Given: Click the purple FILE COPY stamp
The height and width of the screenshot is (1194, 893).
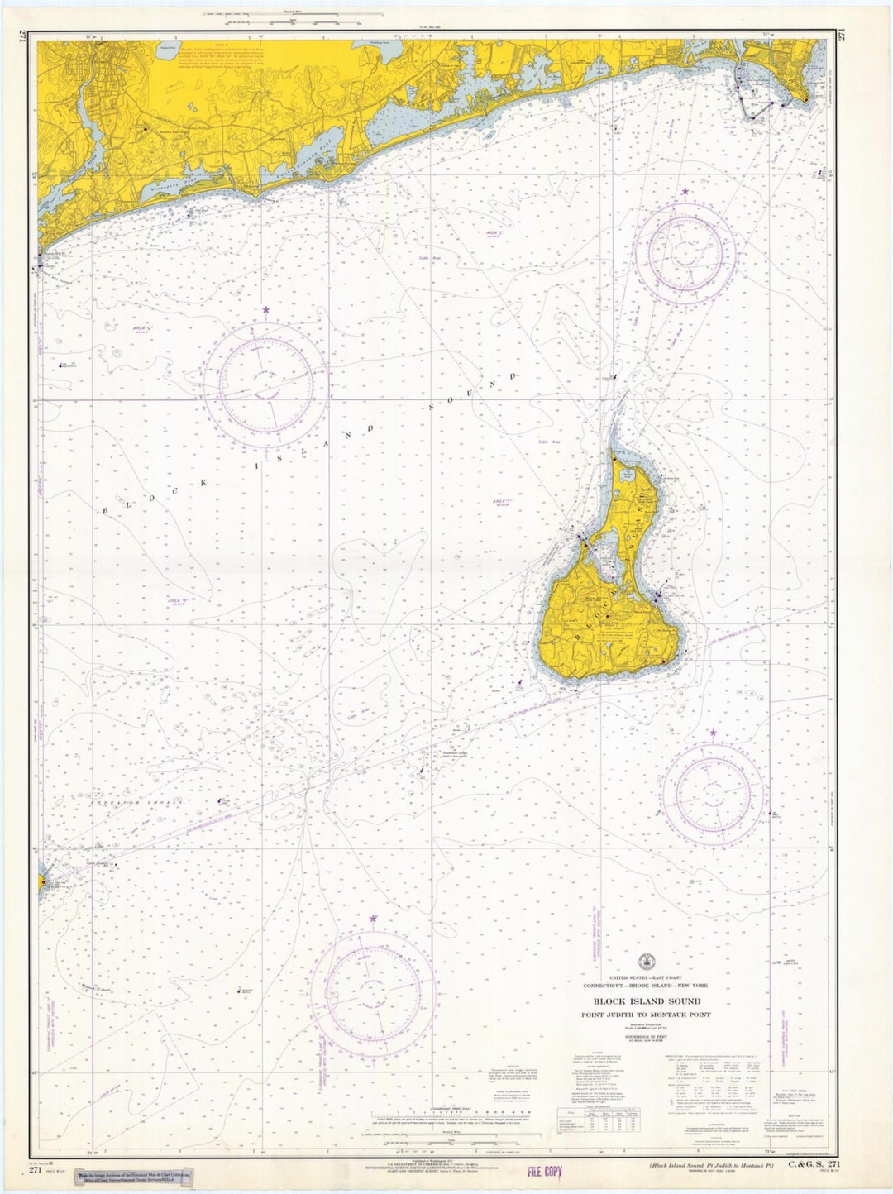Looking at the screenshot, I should [x=544, y=1171].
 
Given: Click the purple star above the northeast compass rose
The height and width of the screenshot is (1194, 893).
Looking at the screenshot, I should [x=685, y=192].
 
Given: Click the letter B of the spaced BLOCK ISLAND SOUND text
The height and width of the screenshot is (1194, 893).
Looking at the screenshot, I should [x=105, y=511].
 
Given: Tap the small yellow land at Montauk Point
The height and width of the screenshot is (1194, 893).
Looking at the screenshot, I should [x=41, y=882].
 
